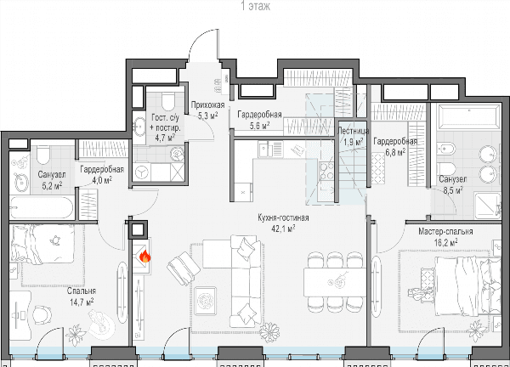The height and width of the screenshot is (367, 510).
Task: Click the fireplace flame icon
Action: pyautogui.click(x=144, y=257)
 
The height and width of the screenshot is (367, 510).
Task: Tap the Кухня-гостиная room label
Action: pyautogui.click(x=283, y=217)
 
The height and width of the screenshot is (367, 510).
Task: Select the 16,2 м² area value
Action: pyautogui.click(x=445, y=242)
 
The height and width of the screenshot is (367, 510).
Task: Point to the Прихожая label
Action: pyautogui.click(x=207, y=105)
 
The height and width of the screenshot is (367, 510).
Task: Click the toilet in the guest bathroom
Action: pyautogui.click(x=168, y=101)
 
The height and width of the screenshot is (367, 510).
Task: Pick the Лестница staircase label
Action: pyautogui.click(x=354, y=131)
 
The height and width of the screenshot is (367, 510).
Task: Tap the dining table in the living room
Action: pyautogui.click(x=335, y=282)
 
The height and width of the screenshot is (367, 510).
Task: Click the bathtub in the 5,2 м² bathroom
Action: pyautogui.click(x=42, y=207)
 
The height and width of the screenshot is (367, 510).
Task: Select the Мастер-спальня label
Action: pyautogui.click(x=445, y=231)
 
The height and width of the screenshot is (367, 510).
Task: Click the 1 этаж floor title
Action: pyautogui.click(x=255, y=6)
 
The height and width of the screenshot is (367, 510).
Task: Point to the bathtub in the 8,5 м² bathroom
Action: pyautogui.click(x=468, y=117)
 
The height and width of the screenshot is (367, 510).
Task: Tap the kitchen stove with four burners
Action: pyautogui.click(x=326, y=171)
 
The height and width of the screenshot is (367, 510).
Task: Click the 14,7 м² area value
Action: pyautogui.click(x=82, y=302)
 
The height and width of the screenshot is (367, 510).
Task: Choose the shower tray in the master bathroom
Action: pyautogui.click(x=487, y=206)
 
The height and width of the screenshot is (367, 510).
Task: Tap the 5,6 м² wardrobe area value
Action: pyautogui.click(x=259, y=125)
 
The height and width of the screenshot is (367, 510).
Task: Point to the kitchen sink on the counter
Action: pyautogui.click(x=263, y=149)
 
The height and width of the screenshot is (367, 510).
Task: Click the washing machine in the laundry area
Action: pyautogui.click(x=142, y=172)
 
